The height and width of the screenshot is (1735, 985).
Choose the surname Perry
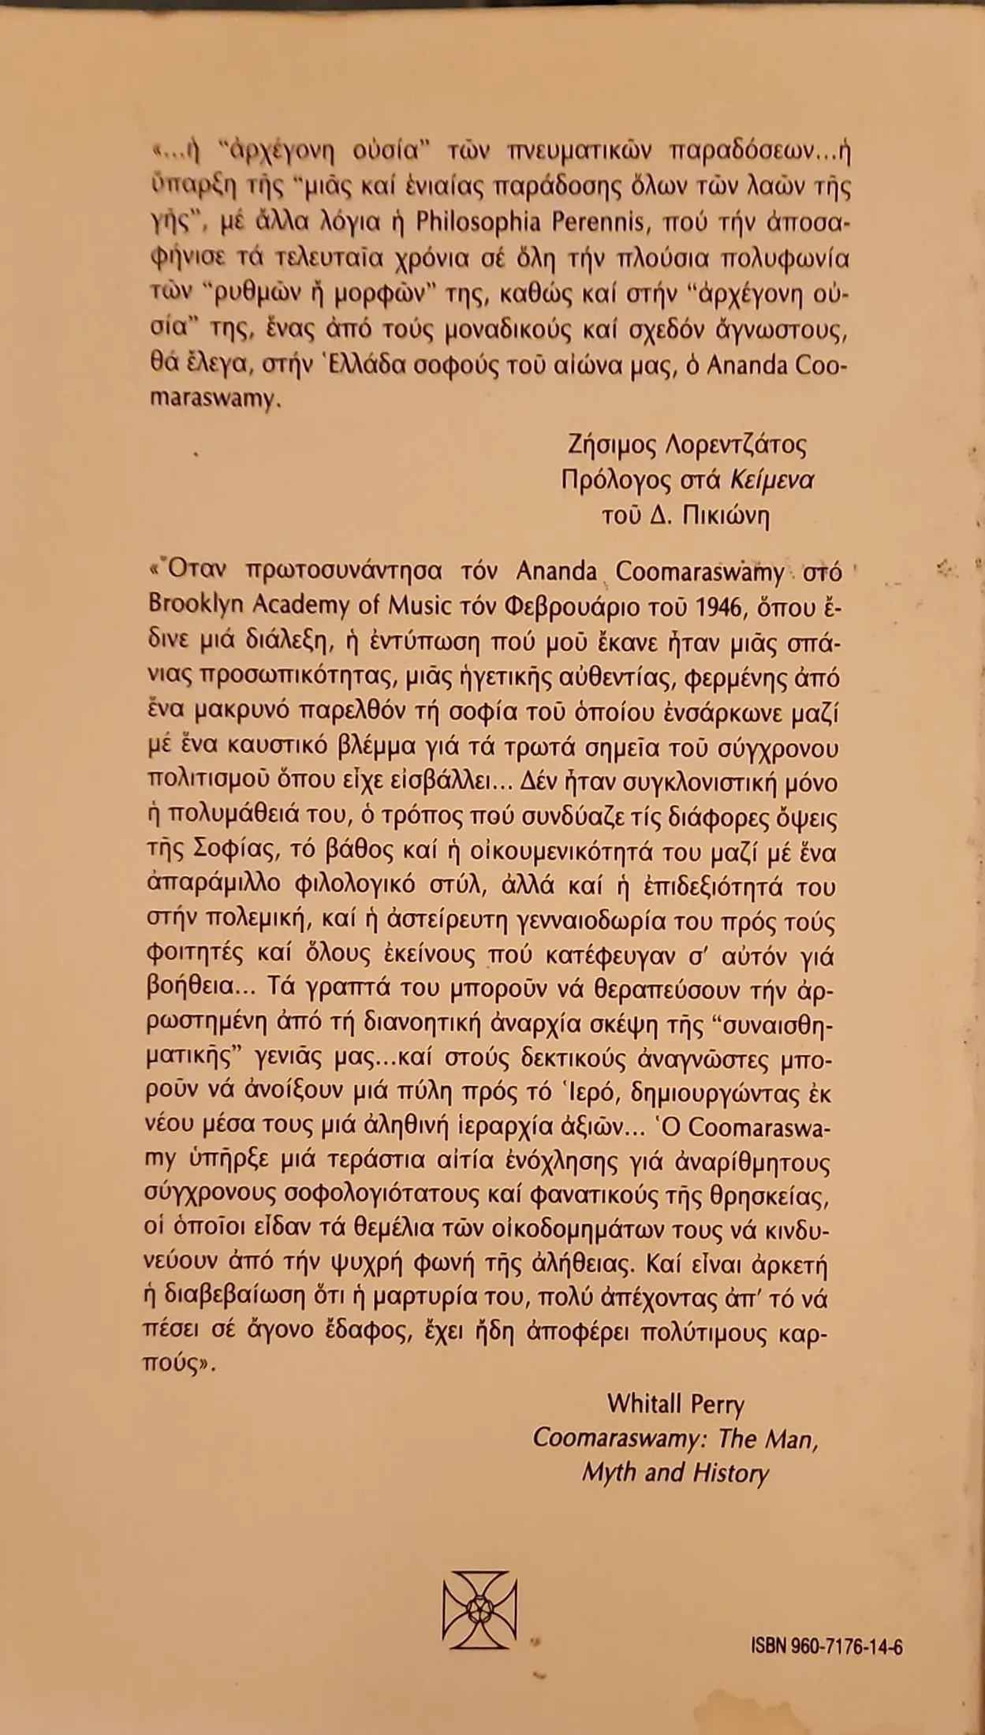click(x=715, y=1405)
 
